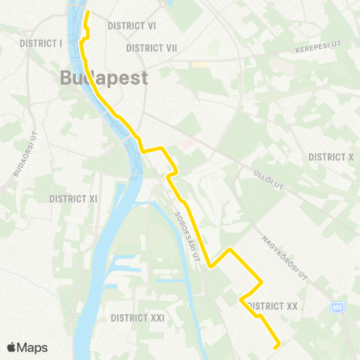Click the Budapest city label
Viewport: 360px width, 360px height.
[103, 78]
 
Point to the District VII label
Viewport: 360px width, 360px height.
[151, 48]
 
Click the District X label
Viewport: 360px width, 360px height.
[331, 157]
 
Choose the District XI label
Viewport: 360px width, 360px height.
[73, 199]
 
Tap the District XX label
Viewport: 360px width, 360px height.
[271, 306]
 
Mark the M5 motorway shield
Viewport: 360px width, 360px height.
[336, 307]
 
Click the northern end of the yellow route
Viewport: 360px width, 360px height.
[87, 13]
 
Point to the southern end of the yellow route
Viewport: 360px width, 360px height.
[277, 346]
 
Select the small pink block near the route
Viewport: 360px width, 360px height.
[187, 142]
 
